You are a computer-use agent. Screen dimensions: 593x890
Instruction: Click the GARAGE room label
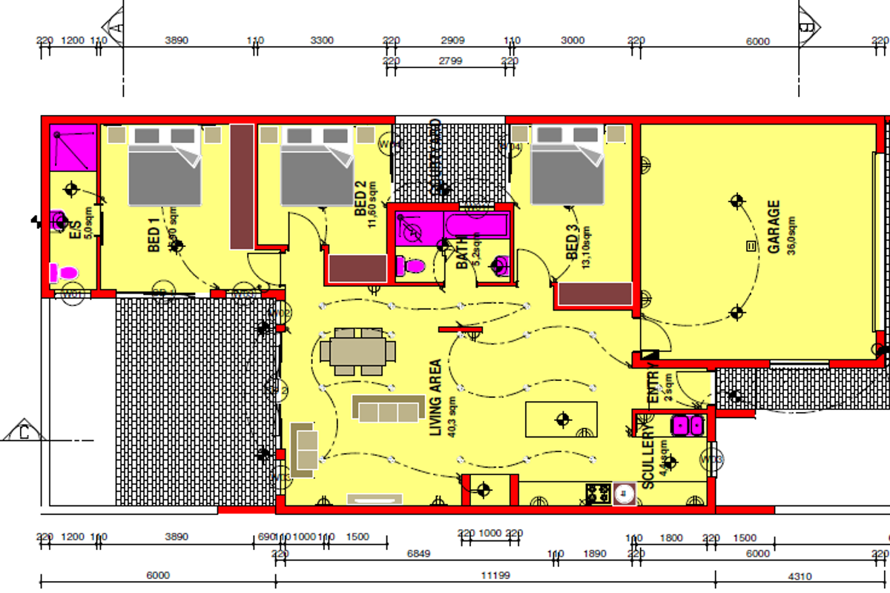[x=774, y=227]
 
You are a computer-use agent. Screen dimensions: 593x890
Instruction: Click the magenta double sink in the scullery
[x=687, y=425]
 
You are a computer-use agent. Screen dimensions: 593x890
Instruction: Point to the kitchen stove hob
[x=598, y=493]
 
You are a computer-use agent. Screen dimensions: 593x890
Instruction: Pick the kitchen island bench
[x=561, y=420]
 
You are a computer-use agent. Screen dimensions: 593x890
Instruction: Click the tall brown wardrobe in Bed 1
[x=242, y=186]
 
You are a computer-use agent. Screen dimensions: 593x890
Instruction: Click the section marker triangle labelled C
[x=24, y=431]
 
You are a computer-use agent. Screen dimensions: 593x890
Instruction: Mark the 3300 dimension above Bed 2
[x=321, y=41]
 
